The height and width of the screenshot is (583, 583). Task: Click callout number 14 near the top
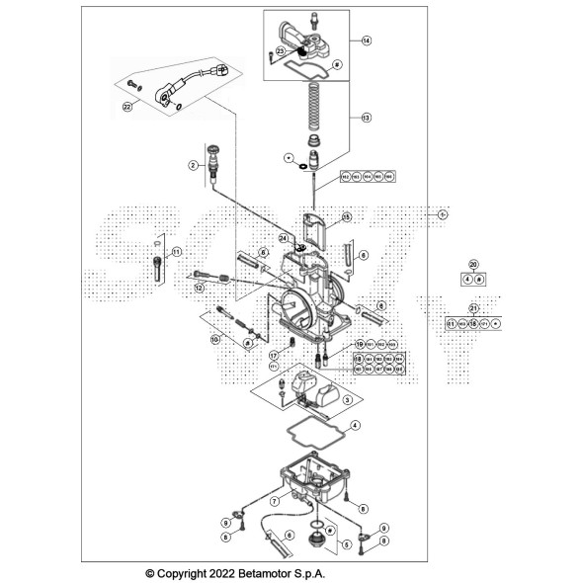click(366, 41)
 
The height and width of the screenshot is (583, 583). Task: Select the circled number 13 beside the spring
click(365, 117)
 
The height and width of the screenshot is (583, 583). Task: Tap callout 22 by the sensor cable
click(126, 106)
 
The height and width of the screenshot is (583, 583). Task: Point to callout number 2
click(195, 167)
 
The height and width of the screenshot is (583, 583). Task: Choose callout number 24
click(283, 238)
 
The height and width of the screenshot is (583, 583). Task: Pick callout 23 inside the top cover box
click(281, 51)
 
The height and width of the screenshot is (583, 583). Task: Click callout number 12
click(199, 288)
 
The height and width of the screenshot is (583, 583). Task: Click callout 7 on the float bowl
click(274, 502)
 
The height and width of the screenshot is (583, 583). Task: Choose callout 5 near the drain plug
click(346, 543)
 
